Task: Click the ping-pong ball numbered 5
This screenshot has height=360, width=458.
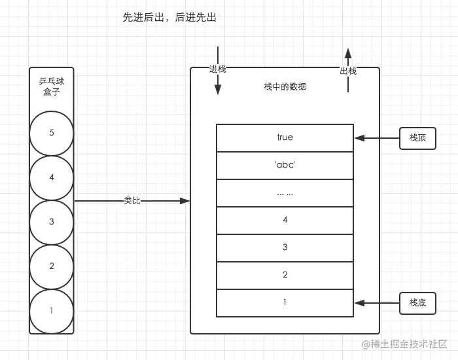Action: point(52,133)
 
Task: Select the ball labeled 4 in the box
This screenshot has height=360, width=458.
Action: point(52,177)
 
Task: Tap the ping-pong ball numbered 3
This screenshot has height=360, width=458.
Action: point(52,222)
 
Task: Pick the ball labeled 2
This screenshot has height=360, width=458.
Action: point(52,266)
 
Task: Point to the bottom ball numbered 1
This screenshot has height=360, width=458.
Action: point(52,311)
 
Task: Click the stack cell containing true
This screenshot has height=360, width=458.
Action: point(285,137)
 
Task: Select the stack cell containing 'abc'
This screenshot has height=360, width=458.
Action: point(285,165)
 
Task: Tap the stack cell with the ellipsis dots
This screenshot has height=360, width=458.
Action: point(285,192)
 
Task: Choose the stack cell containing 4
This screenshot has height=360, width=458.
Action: point(285,220)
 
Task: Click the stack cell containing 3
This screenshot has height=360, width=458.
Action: point(285,247)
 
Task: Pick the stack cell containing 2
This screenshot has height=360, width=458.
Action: point(285,275)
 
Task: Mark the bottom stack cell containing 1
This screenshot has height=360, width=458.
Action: point(285,302)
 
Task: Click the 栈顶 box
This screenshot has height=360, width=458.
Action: point(417,138)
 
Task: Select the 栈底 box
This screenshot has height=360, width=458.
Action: point(417,303)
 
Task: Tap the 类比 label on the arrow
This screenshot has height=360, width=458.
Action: point(132,201)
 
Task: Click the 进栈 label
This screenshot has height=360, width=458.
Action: point(217,69)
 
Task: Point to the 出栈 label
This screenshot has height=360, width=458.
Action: point(348,71)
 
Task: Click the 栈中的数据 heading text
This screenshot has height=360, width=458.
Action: point(285,86)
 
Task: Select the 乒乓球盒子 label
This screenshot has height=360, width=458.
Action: point(52,88)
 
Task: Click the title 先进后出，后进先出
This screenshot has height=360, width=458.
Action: point(169,18)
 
